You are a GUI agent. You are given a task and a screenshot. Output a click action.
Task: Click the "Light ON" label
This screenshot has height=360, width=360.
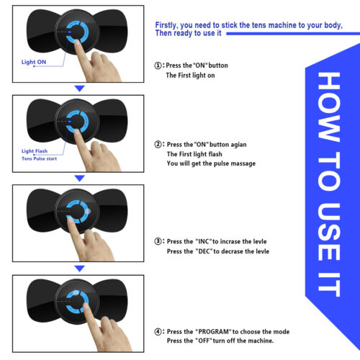click(34, 62)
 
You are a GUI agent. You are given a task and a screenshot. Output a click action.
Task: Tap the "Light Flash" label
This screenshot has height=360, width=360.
click(35, 151)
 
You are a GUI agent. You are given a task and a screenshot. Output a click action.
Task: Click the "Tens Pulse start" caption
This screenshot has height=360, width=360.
click(39, 158)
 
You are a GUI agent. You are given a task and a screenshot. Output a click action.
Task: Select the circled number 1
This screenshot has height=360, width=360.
click(158, 66)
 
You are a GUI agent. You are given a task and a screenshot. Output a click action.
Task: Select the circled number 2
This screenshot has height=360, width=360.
click(158, 145)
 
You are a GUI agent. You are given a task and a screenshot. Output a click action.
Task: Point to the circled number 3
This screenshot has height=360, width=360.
click(158, 241)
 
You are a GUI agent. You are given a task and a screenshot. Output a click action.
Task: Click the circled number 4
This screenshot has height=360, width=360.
click(158, 332)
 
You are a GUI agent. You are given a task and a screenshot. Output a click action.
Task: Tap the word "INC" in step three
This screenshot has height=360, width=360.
click(204, 241)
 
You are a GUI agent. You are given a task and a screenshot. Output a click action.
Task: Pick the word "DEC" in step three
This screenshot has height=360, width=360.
click(204, 251)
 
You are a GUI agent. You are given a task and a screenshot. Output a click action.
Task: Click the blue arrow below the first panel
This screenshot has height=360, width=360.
click(79, 89)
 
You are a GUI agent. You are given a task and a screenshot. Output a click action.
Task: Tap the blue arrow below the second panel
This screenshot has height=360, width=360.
click(79, 179)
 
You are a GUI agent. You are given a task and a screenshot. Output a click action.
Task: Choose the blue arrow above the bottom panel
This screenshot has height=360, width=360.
click(79, 269)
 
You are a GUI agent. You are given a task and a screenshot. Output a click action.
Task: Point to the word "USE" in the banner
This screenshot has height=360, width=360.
click(329, 232)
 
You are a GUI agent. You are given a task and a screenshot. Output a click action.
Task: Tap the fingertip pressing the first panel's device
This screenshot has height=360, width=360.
click(77, 42)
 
